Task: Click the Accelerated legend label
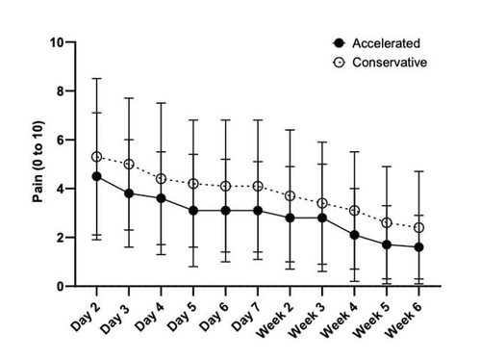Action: click(x=386, y=43)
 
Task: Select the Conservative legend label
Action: click(x=390, y=63)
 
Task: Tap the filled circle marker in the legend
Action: click(x=339, y=43)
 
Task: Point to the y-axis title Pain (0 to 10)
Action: click(x=38, y=162)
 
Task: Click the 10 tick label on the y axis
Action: click(x=57, y=42)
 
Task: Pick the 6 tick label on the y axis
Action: click(x=61, y=140)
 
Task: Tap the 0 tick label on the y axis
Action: click(x=61, y=286)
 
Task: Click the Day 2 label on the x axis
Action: click(x=86, y=317)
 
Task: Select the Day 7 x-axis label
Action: click(x=246, y=317)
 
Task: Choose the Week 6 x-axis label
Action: click(x=404, y=321)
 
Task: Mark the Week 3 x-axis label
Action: click(x=307, y=321)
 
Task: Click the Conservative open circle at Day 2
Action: click(x=96, y=157)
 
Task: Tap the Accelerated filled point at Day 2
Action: click(x=96, y=176)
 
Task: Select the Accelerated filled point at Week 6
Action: click(x=418, y=247)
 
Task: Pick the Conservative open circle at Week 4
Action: click(x=354, y=211)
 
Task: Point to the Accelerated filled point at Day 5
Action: click(x=193, y=211)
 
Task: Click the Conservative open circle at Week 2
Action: click(x=290, y=195)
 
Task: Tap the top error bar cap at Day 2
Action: click(x=96, y=78)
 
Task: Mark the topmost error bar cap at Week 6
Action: click(x=418, y=171)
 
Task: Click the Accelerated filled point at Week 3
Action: click(x=322, y=219)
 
